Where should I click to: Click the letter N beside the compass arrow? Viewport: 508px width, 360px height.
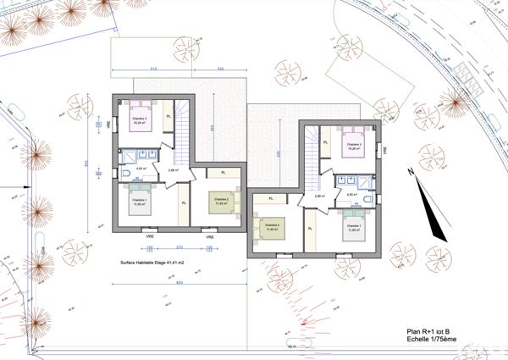[x=410, y=172]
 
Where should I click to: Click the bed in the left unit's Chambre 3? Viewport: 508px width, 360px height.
[x=138, y=113]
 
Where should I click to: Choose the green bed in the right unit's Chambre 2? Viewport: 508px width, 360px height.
[x=272, y=226]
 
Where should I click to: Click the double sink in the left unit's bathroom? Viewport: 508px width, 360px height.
[x=141, y=156]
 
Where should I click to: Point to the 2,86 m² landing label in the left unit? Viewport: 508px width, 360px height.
[x=173, y=170]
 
